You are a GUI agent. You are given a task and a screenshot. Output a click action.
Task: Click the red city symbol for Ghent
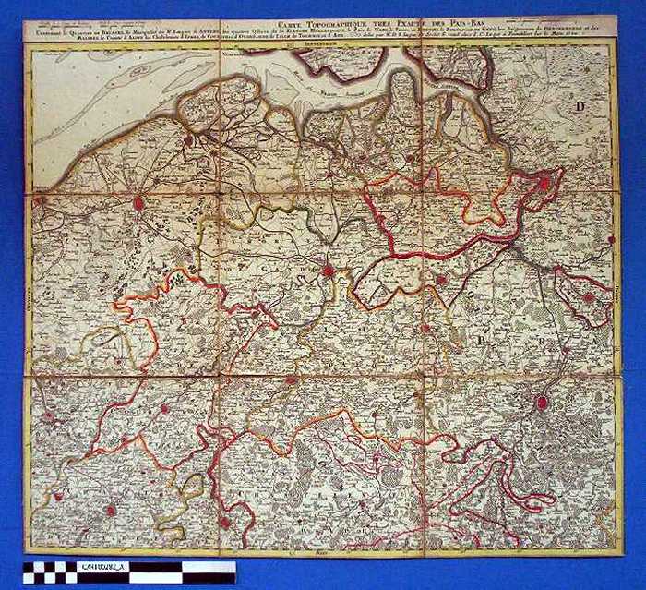(x=328, y=270)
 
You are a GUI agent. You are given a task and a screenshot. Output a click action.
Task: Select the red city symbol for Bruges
(x=138, y=202)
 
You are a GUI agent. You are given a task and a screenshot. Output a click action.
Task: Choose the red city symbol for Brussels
(x=542, y=402)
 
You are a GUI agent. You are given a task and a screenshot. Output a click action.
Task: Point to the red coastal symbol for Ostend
(x=40, y=199)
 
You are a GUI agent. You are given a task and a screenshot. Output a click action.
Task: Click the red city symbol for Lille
(x=110, y=509)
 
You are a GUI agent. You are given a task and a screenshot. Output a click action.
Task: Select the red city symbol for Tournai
(x=224, y=522)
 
